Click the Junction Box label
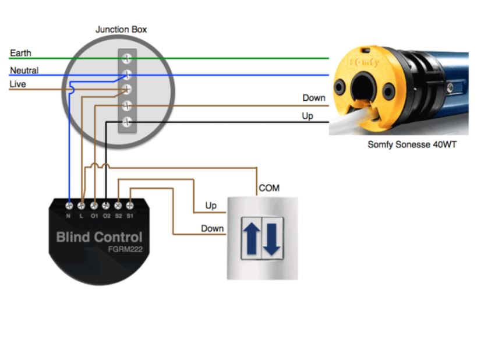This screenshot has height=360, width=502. pos(121,29)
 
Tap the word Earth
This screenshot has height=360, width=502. pos(20,53)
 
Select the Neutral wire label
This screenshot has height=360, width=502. pos(24,70)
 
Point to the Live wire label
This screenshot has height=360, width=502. pos(17,84)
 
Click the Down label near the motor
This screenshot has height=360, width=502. pos(313,98)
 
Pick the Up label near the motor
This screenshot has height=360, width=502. pos(307,116)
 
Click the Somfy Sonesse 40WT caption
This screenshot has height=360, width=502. pos(412,144)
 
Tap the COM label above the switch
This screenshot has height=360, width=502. pos(268,188)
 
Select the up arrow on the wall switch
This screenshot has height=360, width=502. pos(252,239)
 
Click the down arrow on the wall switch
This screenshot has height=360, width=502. pos(272,239)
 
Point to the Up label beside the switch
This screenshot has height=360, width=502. pos(211,206)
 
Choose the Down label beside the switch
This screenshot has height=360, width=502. pos(212,228)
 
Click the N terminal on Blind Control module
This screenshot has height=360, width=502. pos(69,206)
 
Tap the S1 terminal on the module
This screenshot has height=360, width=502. pos(130,206)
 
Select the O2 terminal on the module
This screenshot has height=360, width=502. pos(106,206)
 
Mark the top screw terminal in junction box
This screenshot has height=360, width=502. pos(127,58)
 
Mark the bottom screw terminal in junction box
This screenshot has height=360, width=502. pos(127,122)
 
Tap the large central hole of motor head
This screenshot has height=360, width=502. pos(364,88)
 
